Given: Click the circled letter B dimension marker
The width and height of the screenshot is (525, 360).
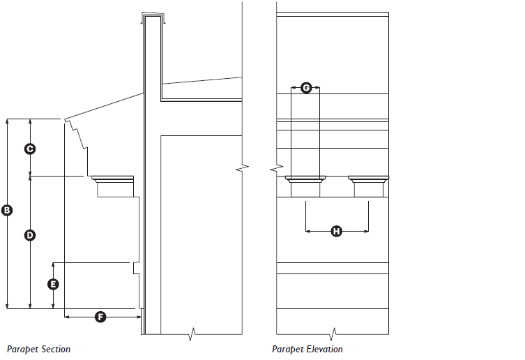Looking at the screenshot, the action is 7,210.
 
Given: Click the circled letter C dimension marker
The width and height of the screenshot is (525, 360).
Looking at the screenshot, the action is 30,149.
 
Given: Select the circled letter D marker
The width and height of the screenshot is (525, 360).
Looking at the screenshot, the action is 30,235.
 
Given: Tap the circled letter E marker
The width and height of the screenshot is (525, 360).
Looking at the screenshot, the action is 53,284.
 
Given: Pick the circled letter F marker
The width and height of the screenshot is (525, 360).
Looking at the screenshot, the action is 100,317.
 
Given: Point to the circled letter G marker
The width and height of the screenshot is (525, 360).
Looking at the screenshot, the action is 306,88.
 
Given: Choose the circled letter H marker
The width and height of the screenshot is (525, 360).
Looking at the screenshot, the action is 337,231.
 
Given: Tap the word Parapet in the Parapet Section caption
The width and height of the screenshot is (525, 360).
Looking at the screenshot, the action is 22,350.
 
